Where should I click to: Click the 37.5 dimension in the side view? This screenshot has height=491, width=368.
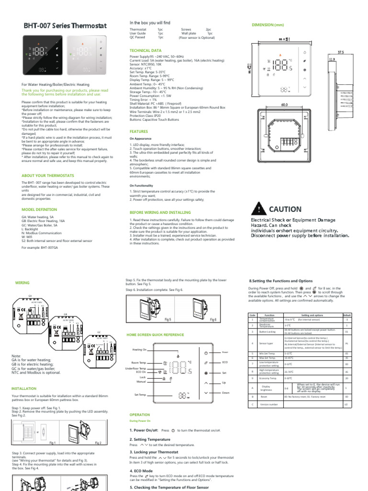[x=340, y=52]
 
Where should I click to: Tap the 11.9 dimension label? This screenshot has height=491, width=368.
[x=331, y=59]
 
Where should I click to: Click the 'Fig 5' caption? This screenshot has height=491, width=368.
[x=167, y=319]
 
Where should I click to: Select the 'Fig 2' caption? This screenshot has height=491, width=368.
[x=98, y=443]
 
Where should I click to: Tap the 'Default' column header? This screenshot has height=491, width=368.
[x=347, y=315]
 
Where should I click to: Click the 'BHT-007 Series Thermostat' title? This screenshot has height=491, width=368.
[x=65, y=26]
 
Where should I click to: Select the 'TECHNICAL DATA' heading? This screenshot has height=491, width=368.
[x=146, y=50]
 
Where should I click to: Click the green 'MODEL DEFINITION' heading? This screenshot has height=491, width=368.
[x=39, y=210]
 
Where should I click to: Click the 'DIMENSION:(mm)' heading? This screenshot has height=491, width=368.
[x=268, y=24]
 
